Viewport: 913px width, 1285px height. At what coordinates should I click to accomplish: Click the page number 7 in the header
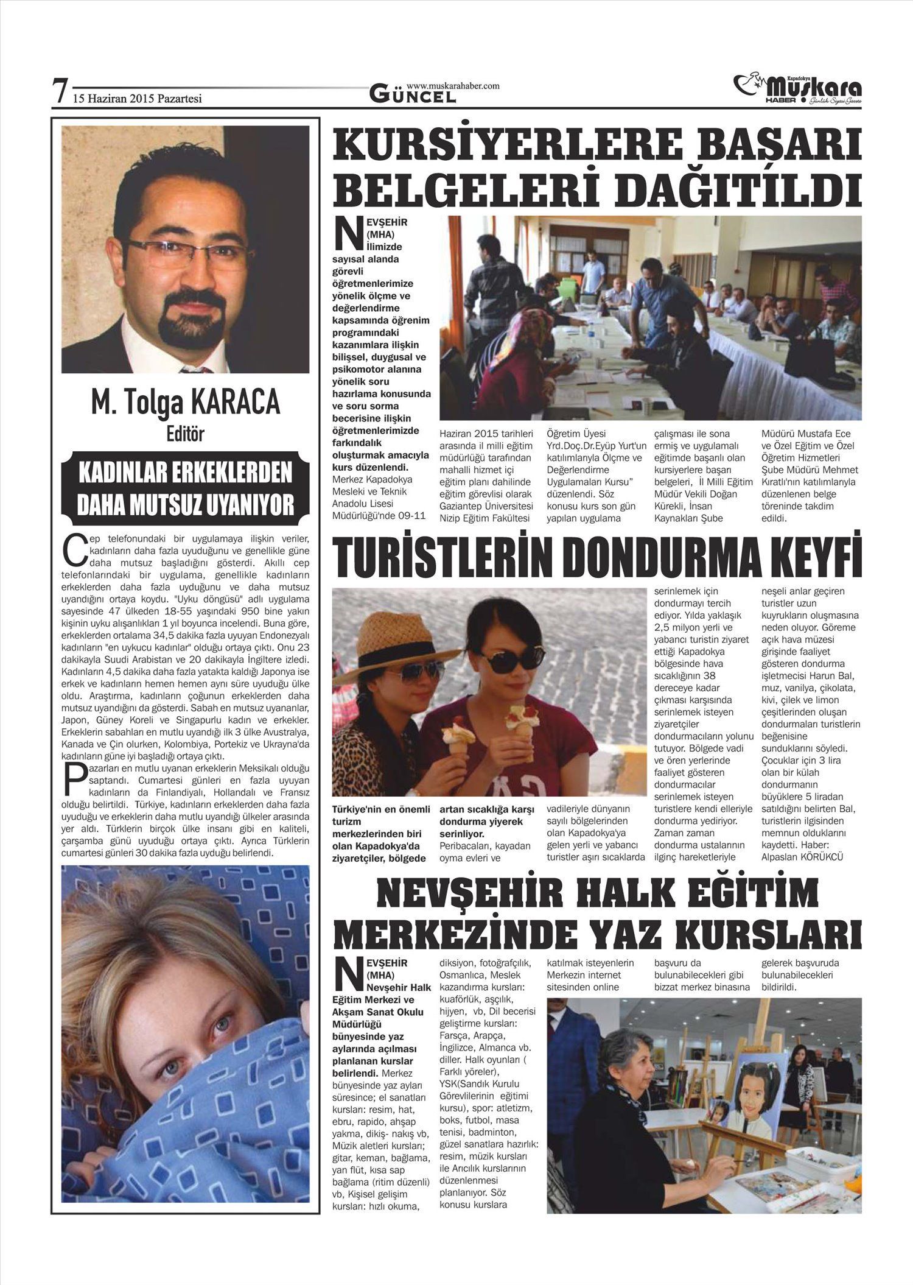59,91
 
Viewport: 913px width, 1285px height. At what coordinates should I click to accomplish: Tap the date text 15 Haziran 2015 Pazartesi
137,98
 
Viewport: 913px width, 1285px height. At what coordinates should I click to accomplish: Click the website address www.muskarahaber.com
452,86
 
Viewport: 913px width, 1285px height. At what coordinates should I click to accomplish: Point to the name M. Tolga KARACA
185,403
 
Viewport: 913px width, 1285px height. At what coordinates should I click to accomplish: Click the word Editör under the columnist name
185,434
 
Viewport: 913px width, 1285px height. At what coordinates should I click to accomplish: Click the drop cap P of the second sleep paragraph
74,779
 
